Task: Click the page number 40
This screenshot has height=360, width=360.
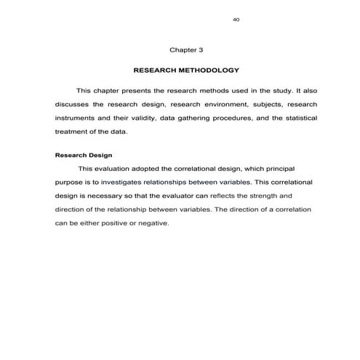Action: point(236,19)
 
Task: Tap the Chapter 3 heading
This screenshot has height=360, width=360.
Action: point(186,50)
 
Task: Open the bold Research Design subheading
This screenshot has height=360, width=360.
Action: point(84,154)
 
